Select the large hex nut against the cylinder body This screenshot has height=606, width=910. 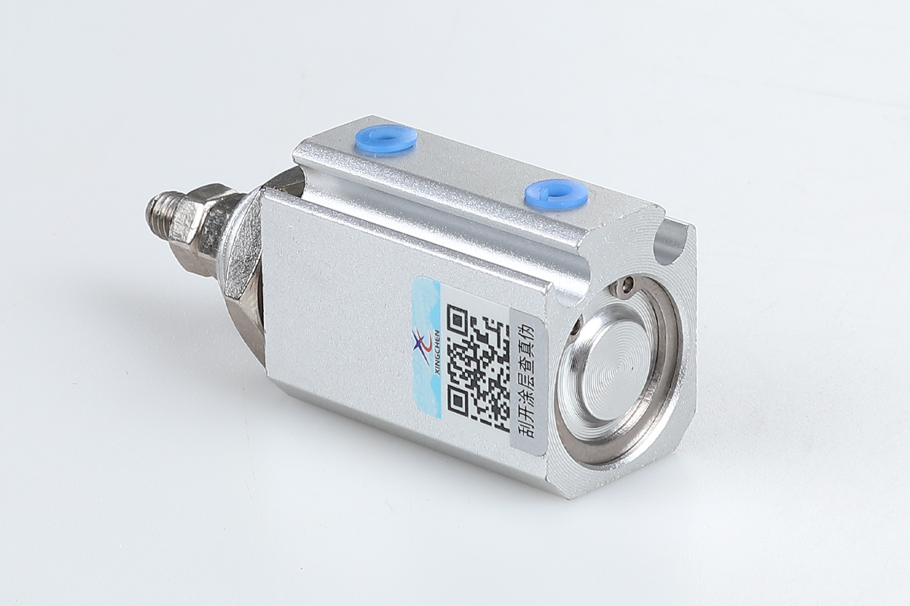click(x=243, y=260)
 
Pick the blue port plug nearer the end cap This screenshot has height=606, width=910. click(x=557, y=192)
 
